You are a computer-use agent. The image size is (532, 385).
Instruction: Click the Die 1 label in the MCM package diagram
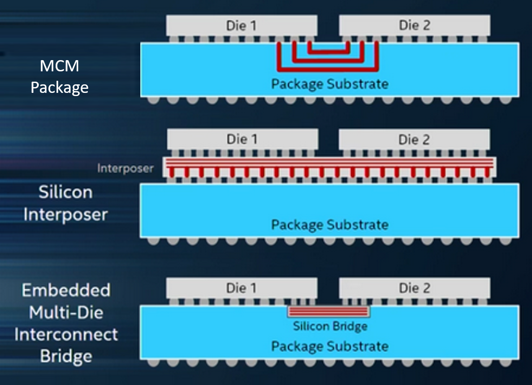(x=242, y=26)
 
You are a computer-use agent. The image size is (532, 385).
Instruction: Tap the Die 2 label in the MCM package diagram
(x=414, y=26)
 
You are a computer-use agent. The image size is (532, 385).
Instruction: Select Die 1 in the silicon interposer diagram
(x=242, y=139)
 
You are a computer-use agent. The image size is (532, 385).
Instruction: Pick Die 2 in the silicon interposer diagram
(x=414, y=139)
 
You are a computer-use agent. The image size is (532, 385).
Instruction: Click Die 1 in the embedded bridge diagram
(x=242, y=288)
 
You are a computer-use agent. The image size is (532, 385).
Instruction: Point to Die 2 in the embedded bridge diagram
(x=414, y=288)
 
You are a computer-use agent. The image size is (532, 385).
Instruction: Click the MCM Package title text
(x=59, y=76)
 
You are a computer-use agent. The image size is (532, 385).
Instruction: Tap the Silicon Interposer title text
(x=66, y=203)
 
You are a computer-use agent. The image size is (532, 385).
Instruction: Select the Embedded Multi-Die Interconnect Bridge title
(x=66, y=323)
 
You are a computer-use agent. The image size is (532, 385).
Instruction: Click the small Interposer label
(x=125, y=169)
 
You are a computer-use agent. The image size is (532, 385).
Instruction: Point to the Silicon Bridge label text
(x=330, y=326)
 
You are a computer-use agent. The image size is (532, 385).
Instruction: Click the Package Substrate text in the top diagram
(x=330, y=84)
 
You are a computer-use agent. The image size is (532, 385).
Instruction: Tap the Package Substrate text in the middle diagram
(x=330, y=224)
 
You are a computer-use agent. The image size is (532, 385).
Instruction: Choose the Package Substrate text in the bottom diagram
(x=330, y=346)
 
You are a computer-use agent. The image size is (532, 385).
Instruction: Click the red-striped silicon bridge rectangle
(x=329, y=311)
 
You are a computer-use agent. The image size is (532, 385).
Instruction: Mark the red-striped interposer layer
(x=330, y=162)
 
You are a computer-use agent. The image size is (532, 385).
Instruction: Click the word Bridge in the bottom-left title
(x=66, y=357)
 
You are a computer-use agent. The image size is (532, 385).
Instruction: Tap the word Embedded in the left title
(x=66, y=290)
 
